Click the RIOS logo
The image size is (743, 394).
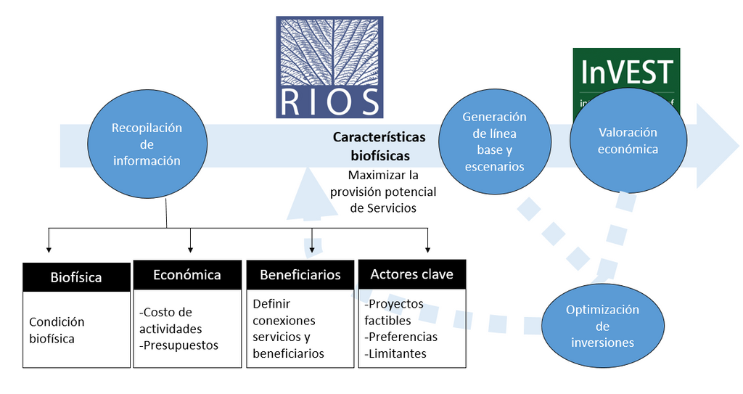pos(329,67)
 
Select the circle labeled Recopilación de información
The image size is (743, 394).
pos(147,144)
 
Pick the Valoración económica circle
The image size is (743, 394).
pos(628,141)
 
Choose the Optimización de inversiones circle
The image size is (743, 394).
pos(602,326)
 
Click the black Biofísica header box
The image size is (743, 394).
pos(76,276)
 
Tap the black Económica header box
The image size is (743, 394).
pos(186,275)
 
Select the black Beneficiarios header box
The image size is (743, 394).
pos(300,275)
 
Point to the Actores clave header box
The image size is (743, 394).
pos(411,274)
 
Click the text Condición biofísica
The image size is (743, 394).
pos(57,330)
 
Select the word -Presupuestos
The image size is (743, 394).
pos(178,345)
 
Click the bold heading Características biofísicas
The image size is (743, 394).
pos(379,146)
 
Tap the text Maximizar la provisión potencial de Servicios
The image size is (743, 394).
pos(383,191)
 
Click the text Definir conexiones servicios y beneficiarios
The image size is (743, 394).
pos(288,329)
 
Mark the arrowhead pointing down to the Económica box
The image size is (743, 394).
pos(190,247)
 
